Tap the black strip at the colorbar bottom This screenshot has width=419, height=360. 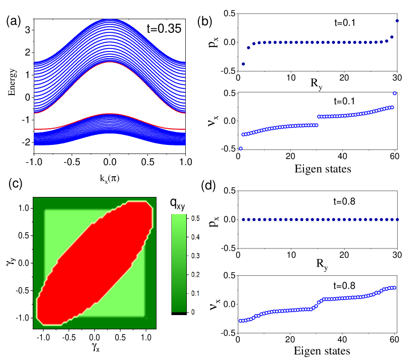(x=178, y=314)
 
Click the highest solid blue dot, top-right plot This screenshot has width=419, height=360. (x=397, y=21)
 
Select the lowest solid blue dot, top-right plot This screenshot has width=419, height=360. (x=243, y=64)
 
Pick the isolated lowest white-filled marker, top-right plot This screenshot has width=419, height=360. (x=241, y=148)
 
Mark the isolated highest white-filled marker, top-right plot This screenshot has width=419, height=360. (x=395, y=93)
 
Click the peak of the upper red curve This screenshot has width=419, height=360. (x=110, y=62)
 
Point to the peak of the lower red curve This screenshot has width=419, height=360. (x=110, y=114)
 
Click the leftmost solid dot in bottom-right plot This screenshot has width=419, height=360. (x=243, y=220)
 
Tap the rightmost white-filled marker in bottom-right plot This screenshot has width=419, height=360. (x=394, y=288)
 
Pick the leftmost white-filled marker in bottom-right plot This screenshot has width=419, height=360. (x=241, y=321)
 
